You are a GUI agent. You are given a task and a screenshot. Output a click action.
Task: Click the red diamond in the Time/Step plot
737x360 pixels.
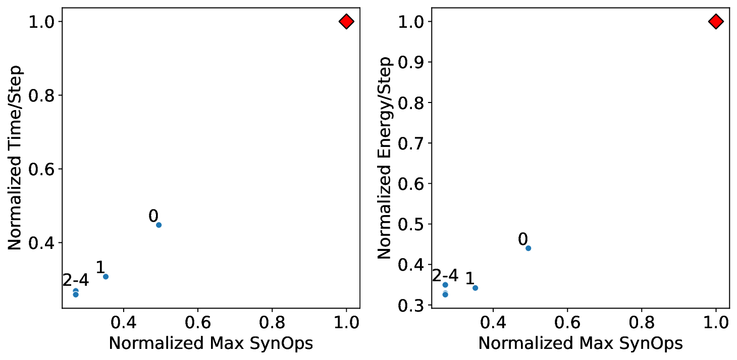346,21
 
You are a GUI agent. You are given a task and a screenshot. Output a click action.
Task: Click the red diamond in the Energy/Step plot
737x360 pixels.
716,21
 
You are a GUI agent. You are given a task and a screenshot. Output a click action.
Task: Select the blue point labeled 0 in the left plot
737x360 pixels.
159,225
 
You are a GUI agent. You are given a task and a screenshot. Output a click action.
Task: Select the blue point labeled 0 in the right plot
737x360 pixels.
528,248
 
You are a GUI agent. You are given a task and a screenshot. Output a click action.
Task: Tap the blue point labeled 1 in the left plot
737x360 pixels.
106,276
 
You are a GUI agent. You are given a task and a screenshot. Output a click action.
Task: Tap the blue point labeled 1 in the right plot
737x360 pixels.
475,288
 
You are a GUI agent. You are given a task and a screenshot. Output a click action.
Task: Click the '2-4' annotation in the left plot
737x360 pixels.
76,281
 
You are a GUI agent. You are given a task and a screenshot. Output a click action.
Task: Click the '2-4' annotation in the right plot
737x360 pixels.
445,276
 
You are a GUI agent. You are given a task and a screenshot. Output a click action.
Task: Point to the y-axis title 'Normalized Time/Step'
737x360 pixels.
15,158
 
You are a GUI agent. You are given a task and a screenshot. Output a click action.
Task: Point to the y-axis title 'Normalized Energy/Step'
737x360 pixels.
385,158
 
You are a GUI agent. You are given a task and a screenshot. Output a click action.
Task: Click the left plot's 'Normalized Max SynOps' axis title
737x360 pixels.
210,343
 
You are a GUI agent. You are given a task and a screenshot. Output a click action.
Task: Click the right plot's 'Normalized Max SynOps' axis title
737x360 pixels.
581,343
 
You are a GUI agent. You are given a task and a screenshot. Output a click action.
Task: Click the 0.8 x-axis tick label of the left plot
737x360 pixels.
272,321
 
